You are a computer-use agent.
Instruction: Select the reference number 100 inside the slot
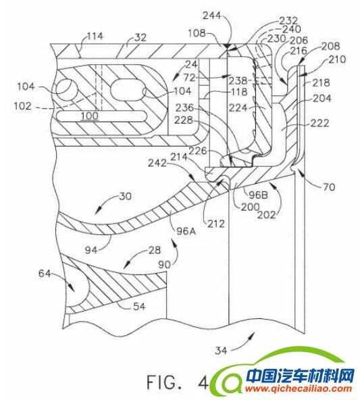88,116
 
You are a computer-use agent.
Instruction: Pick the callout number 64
45,274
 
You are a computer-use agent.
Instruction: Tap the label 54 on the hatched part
138,306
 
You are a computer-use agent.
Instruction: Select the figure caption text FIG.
164,380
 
